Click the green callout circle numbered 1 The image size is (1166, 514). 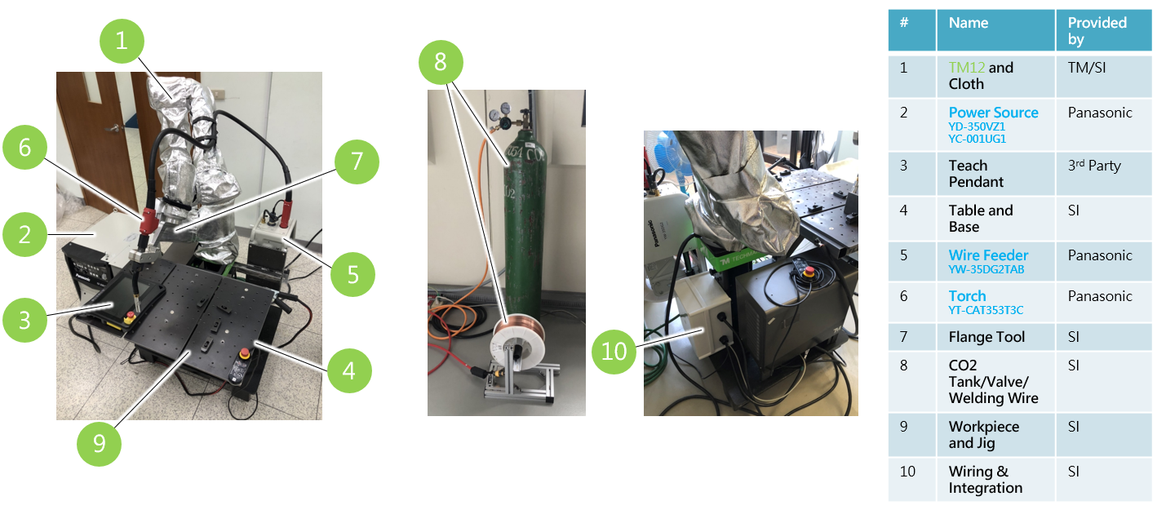pyautogui.click(x=122, y=41)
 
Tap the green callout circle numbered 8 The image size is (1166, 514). pyautogui.click(x=441, y=63)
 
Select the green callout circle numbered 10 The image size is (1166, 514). pyautogui.click(x=614, y=352)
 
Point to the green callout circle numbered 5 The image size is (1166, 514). pyautogui.click(x=353, y=274)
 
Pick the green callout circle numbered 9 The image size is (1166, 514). pyautogui.click(x=99, y=444)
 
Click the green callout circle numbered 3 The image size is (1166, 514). pyautogui.click(x=25, y=320)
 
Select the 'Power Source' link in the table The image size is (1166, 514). pyautogui.click(x=993, y=113)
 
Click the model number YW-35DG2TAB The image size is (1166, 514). pyautogui.click(x=986, y=269)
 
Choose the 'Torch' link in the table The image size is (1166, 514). pyautogui.click(x=967, y=296)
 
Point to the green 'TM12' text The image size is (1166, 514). pyautogui.click(x=967, y=68)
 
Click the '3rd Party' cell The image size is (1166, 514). pyautogui.click(x=1094, y=166)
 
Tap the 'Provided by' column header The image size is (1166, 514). pyautogui.click(x=1097, y=31)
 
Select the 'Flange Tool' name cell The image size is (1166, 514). pyautogui.click(x=986, y=337)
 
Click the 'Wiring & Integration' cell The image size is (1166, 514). pyautogui.click(x=986, y=480)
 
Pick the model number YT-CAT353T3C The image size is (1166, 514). pyautogui.click(x=986, y=310)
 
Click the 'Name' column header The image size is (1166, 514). pyautogui.click(x=969, y=23)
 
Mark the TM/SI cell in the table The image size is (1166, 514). pyautogui.click(x=1087, y=68)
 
